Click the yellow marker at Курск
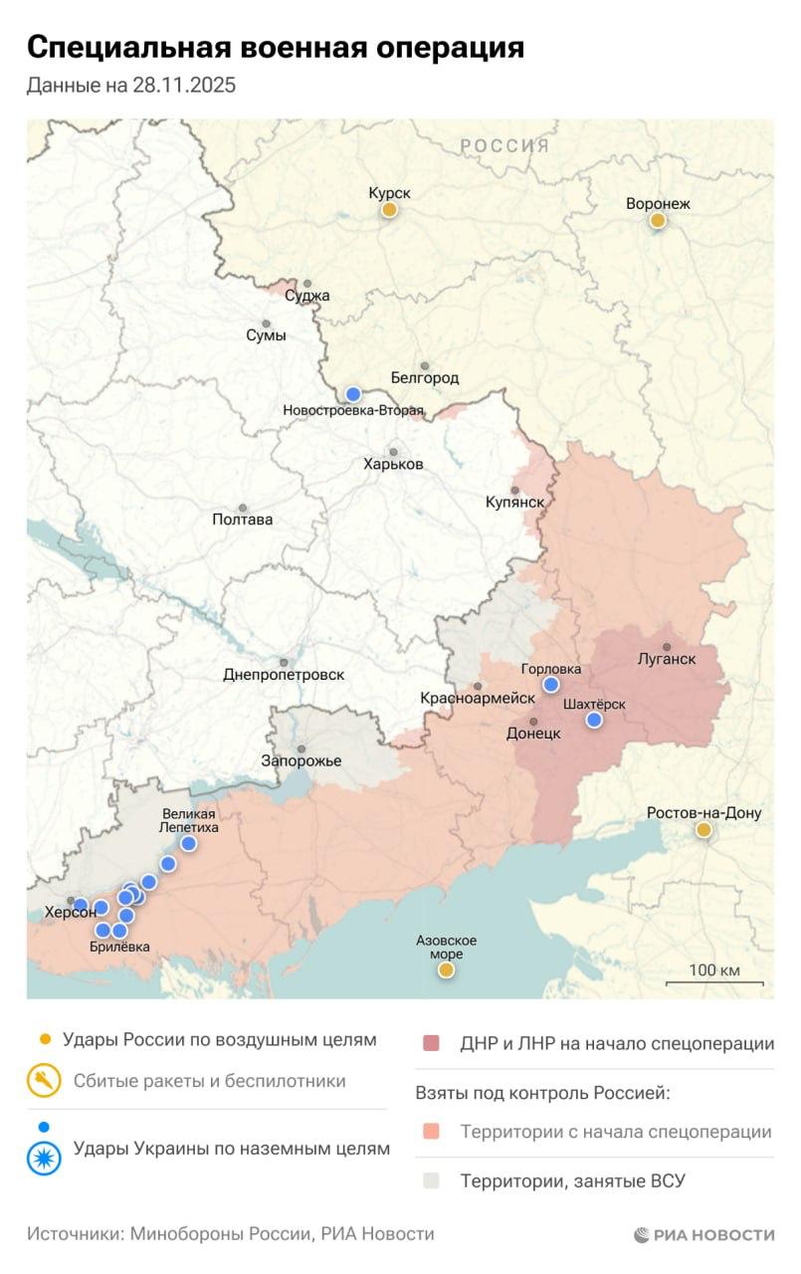pyautogui.click(x=390, y=209)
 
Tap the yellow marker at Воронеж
pyautogui.click(x=658, y=220)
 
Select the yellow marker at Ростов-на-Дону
pyautogui.click(x=703, y=829)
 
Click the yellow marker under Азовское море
pyautogui.click(x=446, y=968)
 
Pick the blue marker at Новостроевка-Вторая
pyautogui.click(x=352, y=393)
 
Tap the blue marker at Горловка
pyautogui.click(x=551, y=684)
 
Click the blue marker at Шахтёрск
pyautogui.click(x=594, y=720)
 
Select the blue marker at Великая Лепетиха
pyautogui.click(x=188, y=844)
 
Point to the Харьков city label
pyautogui.click(x=393, y=464)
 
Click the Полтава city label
pyautogui.click(x=242, y=519)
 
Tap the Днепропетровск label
pyautogui.click(x=284, y=674)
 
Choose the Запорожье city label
pyautogui.click(x=300, y=760)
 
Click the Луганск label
pyautogui.click(x=666, y=658)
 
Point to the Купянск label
pyautogui.click(x=514, y=502)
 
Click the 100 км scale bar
pyautogui.click(x=714, y=981)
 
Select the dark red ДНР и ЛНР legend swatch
pyautogui.click(x=430, y=1044)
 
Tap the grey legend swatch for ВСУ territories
pyautogui.click(x=430, y=1181)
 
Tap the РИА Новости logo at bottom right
pyautogui.click(x=703, y=1234)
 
